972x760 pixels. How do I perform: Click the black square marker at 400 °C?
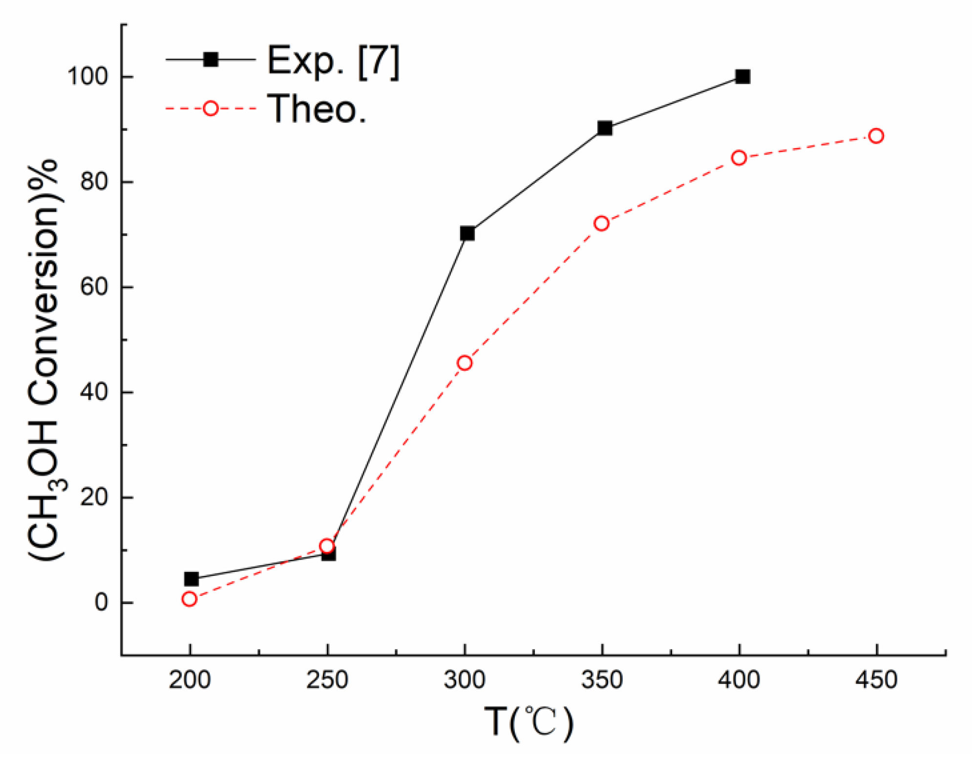742,77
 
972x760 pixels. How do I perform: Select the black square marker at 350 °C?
605,128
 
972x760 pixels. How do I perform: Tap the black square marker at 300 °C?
467,233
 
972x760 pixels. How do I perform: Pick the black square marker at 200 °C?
191,579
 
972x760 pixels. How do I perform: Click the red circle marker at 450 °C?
876,136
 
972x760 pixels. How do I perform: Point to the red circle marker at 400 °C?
739,158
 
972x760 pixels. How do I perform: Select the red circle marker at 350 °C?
601,223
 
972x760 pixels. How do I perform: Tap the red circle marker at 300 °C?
465,363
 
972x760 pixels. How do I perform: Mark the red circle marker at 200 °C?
190,599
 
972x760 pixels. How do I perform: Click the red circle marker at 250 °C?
327,546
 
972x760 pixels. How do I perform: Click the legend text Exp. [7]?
333,61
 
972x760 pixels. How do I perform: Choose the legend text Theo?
317,108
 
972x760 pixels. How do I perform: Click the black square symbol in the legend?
211,60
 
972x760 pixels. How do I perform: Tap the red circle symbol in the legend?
211,108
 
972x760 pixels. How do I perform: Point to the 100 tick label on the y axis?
87,77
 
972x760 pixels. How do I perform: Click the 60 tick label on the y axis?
93,287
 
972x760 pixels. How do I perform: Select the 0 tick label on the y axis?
101,603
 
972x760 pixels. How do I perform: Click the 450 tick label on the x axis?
876,680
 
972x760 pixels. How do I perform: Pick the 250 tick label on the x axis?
327,680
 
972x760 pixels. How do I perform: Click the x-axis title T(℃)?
528,722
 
